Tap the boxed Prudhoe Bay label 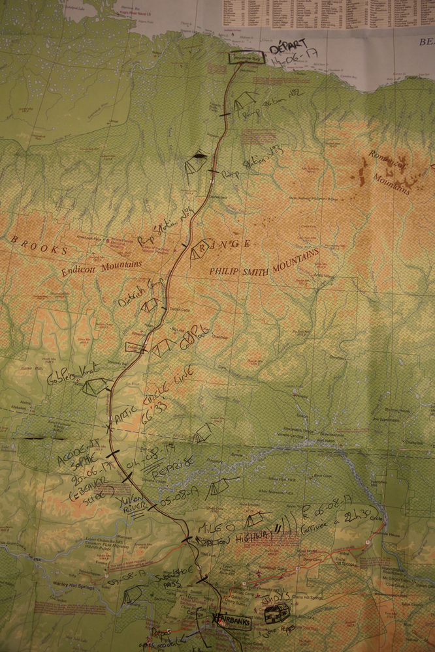click(246, 58)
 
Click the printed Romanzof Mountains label click(390, 172)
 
